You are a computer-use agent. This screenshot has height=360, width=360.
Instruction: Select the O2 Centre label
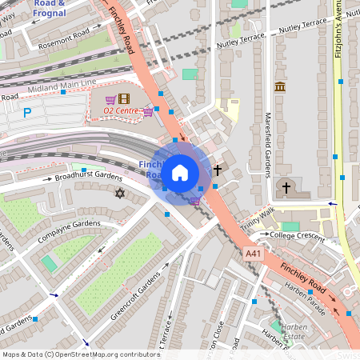coord(108,110)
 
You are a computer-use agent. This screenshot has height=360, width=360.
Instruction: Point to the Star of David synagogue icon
coord(121,194)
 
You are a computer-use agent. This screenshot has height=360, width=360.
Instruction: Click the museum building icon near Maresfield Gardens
coord(279,86)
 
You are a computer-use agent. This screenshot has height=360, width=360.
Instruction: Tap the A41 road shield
coord(253,253)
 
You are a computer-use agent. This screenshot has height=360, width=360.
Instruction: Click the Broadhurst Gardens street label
coord(94,176)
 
